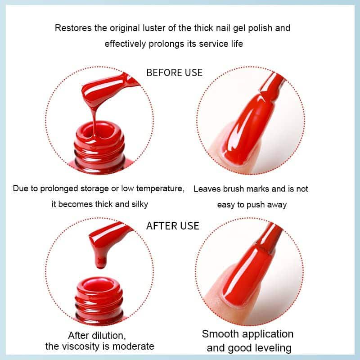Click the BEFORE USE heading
175,72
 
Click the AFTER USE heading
173,226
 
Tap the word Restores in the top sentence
73,28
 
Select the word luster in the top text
154,28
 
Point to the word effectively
126,44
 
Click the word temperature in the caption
160,189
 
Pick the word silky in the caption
139,204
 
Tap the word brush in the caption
233,189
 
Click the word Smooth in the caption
220,334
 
